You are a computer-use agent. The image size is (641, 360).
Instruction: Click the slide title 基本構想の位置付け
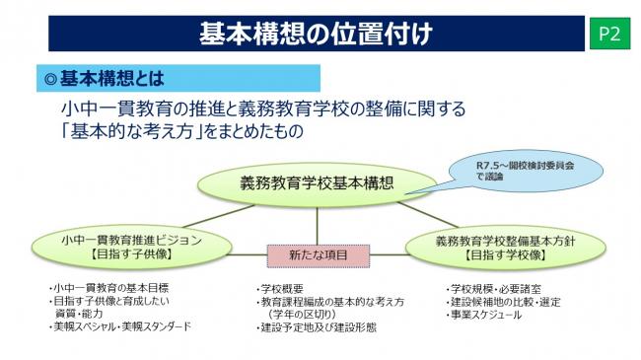coord(316,34)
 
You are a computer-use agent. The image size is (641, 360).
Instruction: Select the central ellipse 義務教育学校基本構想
coord(317,182)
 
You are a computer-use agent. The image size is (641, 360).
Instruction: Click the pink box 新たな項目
coord(317,254)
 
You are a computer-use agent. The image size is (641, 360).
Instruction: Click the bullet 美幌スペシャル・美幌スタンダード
coord(121,326)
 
